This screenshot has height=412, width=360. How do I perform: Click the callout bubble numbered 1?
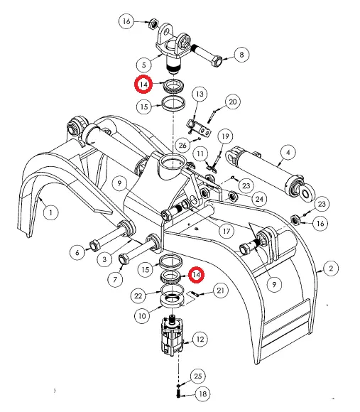tap(50, 212)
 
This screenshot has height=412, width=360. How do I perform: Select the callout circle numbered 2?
tap(331, 269)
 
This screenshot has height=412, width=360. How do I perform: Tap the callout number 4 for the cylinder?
tap(288, 153)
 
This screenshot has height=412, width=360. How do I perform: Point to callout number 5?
tap(144, 65)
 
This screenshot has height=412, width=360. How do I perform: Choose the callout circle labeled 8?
tap(241, 55)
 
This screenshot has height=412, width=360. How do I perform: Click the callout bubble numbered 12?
tap(200, 340)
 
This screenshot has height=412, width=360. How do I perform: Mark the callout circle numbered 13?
tap(200, 94)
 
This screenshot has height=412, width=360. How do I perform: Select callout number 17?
tap(227, 231)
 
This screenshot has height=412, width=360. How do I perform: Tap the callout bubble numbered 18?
tap(202, 394)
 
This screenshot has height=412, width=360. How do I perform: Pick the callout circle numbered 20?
tap(233, 102)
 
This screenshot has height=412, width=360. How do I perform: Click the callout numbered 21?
tap(221, 291)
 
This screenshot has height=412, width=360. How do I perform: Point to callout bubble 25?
tap(197, 376)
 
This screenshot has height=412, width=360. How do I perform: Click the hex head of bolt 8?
tap(217, 61)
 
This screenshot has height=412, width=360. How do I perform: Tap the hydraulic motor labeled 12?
tap(172, 337)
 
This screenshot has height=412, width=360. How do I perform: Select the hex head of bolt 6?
tap(94, 246)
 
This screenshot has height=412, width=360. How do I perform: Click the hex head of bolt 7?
tap(124, 259)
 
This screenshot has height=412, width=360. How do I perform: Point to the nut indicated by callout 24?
tap(232, 196)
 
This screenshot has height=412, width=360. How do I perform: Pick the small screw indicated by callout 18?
tap(178, 394)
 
